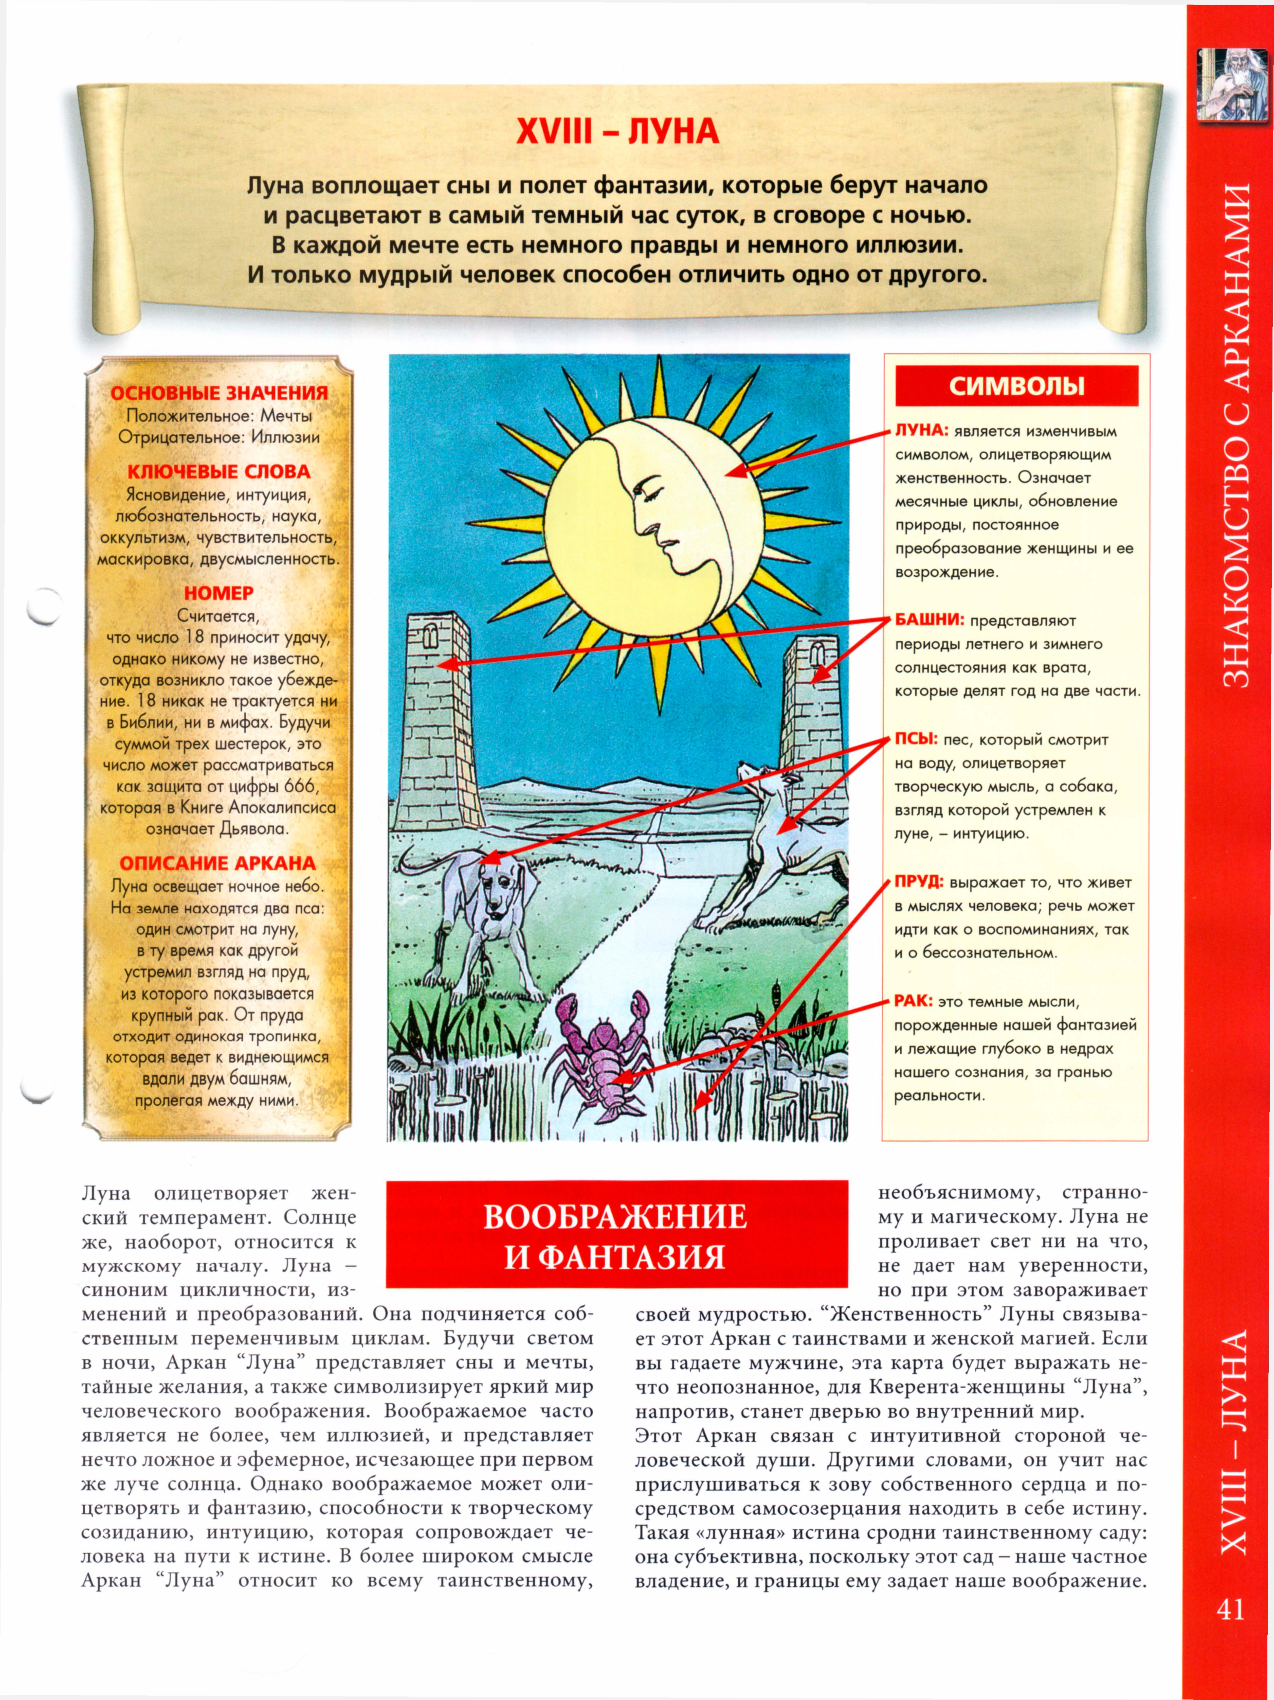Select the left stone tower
436,722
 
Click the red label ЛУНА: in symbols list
921,430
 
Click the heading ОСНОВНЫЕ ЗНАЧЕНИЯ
219,393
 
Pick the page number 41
1230,1609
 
